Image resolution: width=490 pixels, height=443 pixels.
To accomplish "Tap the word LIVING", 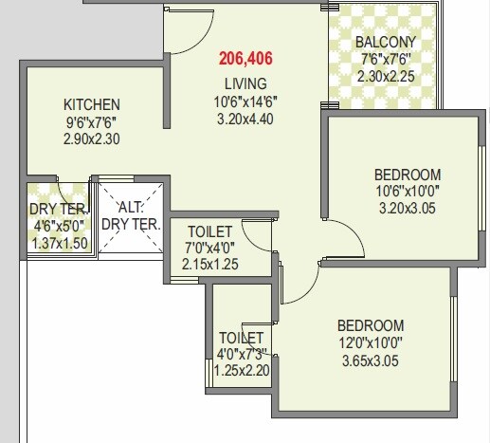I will [245, 83].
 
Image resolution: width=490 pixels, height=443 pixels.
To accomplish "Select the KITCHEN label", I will [91, 104].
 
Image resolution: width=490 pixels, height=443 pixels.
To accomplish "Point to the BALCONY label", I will [386, 43].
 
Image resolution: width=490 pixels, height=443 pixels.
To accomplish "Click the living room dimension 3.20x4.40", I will [245, 119].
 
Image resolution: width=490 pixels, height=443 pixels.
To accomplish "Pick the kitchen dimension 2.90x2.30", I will [91, 138].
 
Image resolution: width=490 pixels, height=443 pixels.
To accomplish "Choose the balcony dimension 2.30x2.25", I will [386, 77].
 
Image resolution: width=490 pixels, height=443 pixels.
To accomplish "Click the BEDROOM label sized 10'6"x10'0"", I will [407, 175].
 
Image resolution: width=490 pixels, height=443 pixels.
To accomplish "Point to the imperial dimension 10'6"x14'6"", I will [245, 102].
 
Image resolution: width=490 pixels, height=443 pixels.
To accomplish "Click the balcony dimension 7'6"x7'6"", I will [386, 60].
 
